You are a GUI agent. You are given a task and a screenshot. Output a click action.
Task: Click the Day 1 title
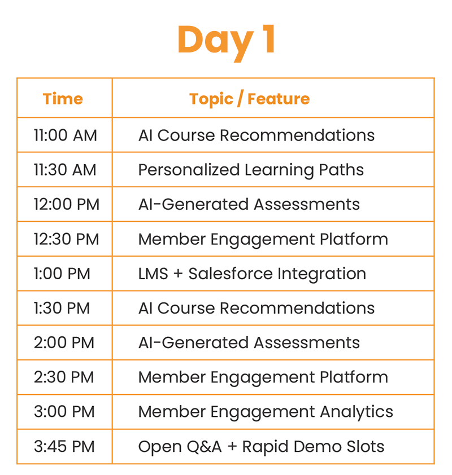coord(227,42)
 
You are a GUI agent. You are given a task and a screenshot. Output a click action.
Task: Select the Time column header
coord(63,99)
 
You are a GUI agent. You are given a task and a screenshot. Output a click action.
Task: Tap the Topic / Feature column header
coord(249,99)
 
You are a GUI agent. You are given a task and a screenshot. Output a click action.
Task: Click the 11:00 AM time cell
coord(65,135)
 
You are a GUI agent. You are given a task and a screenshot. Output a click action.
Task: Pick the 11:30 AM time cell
coord(65,170)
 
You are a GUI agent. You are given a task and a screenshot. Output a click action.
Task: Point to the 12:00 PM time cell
coord(67,204)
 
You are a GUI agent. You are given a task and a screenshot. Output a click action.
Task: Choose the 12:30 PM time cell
coord(67,239)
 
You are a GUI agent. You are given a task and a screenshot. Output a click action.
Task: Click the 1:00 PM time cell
coord(62,274)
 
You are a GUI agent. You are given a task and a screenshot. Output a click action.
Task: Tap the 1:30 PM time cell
coord(62,308)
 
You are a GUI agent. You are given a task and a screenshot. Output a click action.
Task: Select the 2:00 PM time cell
coord(64,342)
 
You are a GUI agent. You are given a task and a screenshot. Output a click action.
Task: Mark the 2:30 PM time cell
coord(64,377)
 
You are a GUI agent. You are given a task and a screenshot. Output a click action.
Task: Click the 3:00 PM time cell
coord(64,412)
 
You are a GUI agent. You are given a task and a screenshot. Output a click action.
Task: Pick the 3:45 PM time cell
coord(64,447)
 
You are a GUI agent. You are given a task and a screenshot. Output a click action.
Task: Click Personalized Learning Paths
coord(251,170)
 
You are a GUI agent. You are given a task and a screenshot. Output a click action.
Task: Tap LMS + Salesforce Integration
coord(252,274)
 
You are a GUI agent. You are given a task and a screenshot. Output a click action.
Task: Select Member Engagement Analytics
coord(266,412)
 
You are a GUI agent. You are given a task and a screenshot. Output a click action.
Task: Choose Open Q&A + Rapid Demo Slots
coord(261,447)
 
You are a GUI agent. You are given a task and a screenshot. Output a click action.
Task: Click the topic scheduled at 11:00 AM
coord(257,135)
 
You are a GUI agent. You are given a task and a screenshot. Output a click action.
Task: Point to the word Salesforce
coord(231,274)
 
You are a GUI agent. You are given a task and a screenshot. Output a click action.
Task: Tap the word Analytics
coord(357,412)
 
